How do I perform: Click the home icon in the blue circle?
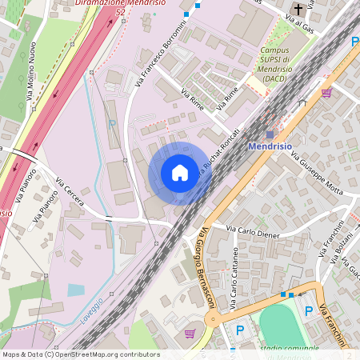click(180, 173)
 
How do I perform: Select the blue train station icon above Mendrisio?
click(270, 134)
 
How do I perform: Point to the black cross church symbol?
click(298, 10)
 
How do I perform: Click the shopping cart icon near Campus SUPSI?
click(326, 92)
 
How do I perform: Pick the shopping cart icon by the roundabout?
click(190, 332)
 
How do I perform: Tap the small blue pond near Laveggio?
click(75, 289)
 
